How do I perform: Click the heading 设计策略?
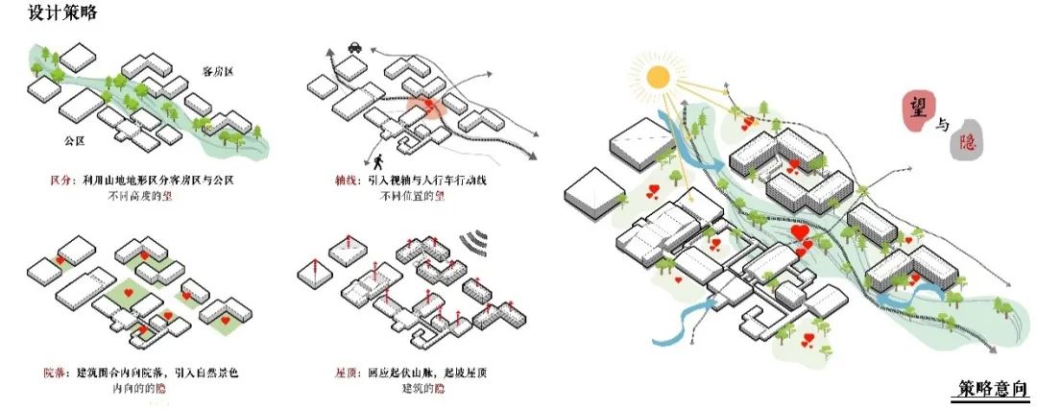[62, 14]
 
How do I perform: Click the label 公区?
[76, 140]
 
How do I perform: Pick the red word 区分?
[64, 181]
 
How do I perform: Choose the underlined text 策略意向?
[994, 388]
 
